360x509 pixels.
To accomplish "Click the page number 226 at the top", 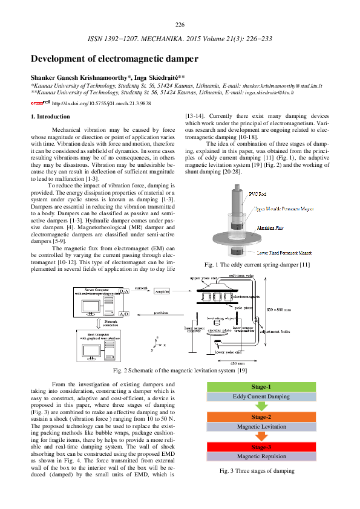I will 180,24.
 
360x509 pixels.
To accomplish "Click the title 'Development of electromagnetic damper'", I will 114,59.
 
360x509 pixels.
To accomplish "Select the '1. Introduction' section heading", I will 50,116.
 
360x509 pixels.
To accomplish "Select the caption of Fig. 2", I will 180,370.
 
